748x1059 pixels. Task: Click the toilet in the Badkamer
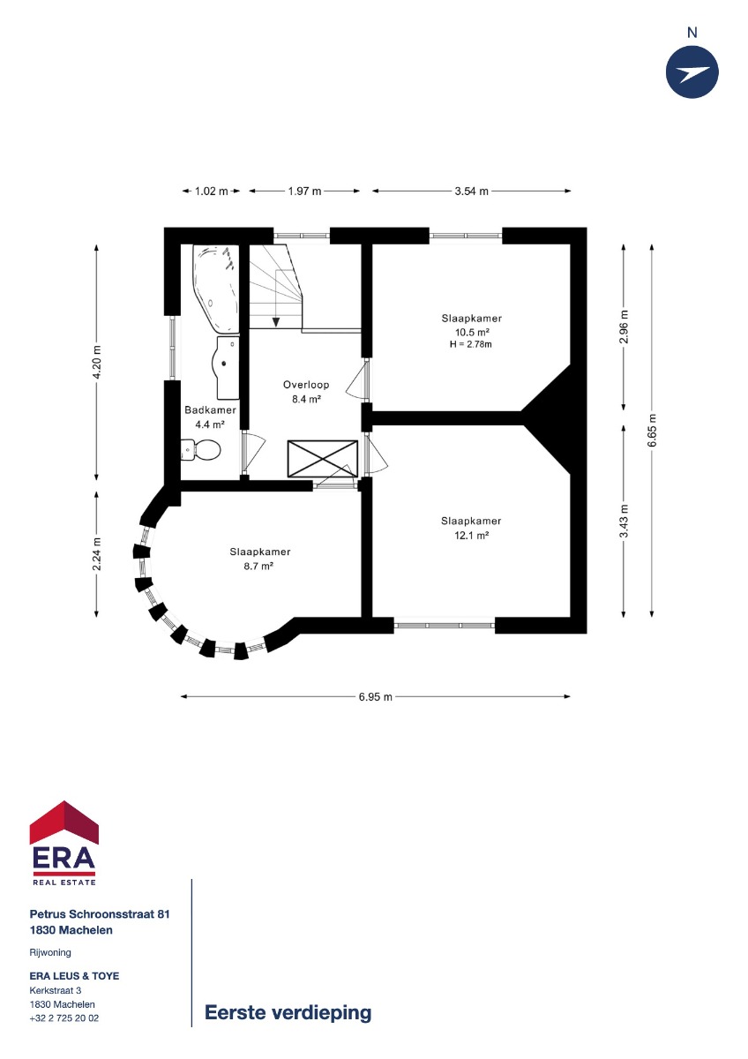pos(200,449)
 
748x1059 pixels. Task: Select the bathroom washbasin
pos(228,367)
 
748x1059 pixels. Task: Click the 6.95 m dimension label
pos(375,696)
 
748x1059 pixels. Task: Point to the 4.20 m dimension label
pos(96,363)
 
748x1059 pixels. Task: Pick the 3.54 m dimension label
pos(471,191)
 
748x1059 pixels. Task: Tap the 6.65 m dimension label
pos(652,431)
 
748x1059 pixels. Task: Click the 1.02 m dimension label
pos(211,191)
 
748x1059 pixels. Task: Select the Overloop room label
pos(306,385)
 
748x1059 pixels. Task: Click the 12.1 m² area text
pos(471,536)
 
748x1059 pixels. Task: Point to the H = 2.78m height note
pos(471,344)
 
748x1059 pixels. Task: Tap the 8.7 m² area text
pos(259,566)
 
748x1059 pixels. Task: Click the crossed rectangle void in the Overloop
pos(323,459)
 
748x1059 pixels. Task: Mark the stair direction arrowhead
pos(276,322)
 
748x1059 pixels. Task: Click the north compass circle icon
pos(692,72)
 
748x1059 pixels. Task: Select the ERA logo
pos(64,845)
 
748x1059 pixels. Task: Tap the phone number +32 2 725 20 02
pos(64,1018)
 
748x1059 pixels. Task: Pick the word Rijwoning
pos(50,952)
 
